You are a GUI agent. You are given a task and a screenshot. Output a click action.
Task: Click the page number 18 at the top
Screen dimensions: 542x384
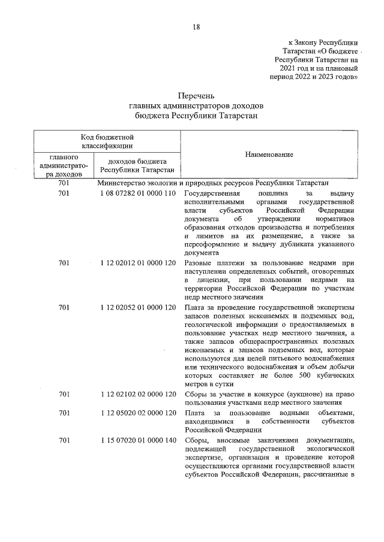click(196, 27)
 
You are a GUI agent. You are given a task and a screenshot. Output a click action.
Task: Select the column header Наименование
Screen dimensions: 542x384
click(269, 155)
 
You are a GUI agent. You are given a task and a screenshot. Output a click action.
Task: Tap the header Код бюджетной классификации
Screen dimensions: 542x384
click(107, 141)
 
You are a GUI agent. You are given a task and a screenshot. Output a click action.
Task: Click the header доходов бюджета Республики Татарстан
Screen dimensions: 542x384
click(137, 165)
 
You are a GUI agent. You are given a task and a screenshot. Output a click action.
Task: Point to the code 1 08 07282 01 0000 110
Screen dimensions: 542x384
click(137, 194)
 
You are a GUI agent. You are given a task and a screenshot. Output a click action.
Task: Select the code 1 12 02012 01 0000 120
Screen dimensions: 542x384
click(137, 263)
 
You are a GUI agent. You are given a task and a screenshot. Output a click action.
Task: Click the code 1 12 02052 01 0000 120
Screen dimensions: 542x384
click(137, 308)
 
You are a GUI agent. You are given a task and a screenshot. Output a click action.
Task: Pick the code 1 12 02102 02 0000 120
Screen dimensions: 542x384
click(137, 394)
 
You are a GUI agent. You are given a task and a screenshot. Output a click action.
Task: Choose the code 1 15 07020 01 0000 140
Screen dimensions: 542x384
click(137, 441)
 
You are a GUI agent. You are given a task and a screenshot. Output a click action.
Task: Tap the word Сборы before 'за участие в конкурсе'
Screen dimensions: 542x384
click(196, 394)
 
